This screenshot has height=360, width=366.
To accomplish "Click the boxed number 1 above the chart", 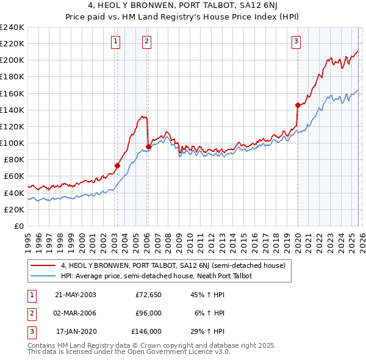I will [116, 41].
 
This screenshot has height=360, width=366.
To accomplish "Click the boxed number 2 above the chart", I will [147, 41].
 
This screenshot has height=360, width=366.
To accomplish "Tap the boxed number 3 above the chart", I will [296, 41].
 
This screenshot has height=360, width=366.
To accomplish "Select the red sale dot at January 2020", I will [297, 105].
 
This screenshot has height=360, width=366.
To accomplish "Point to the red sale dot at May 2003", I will [118, 165].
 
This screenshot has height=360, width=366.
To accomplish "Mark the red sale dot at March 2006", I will [148, 146].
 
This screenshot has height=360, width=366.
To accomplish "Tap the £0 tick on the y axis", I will [18, 226].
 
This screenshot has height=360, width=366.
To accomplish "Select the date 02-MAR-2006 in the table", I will [75, 313].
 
